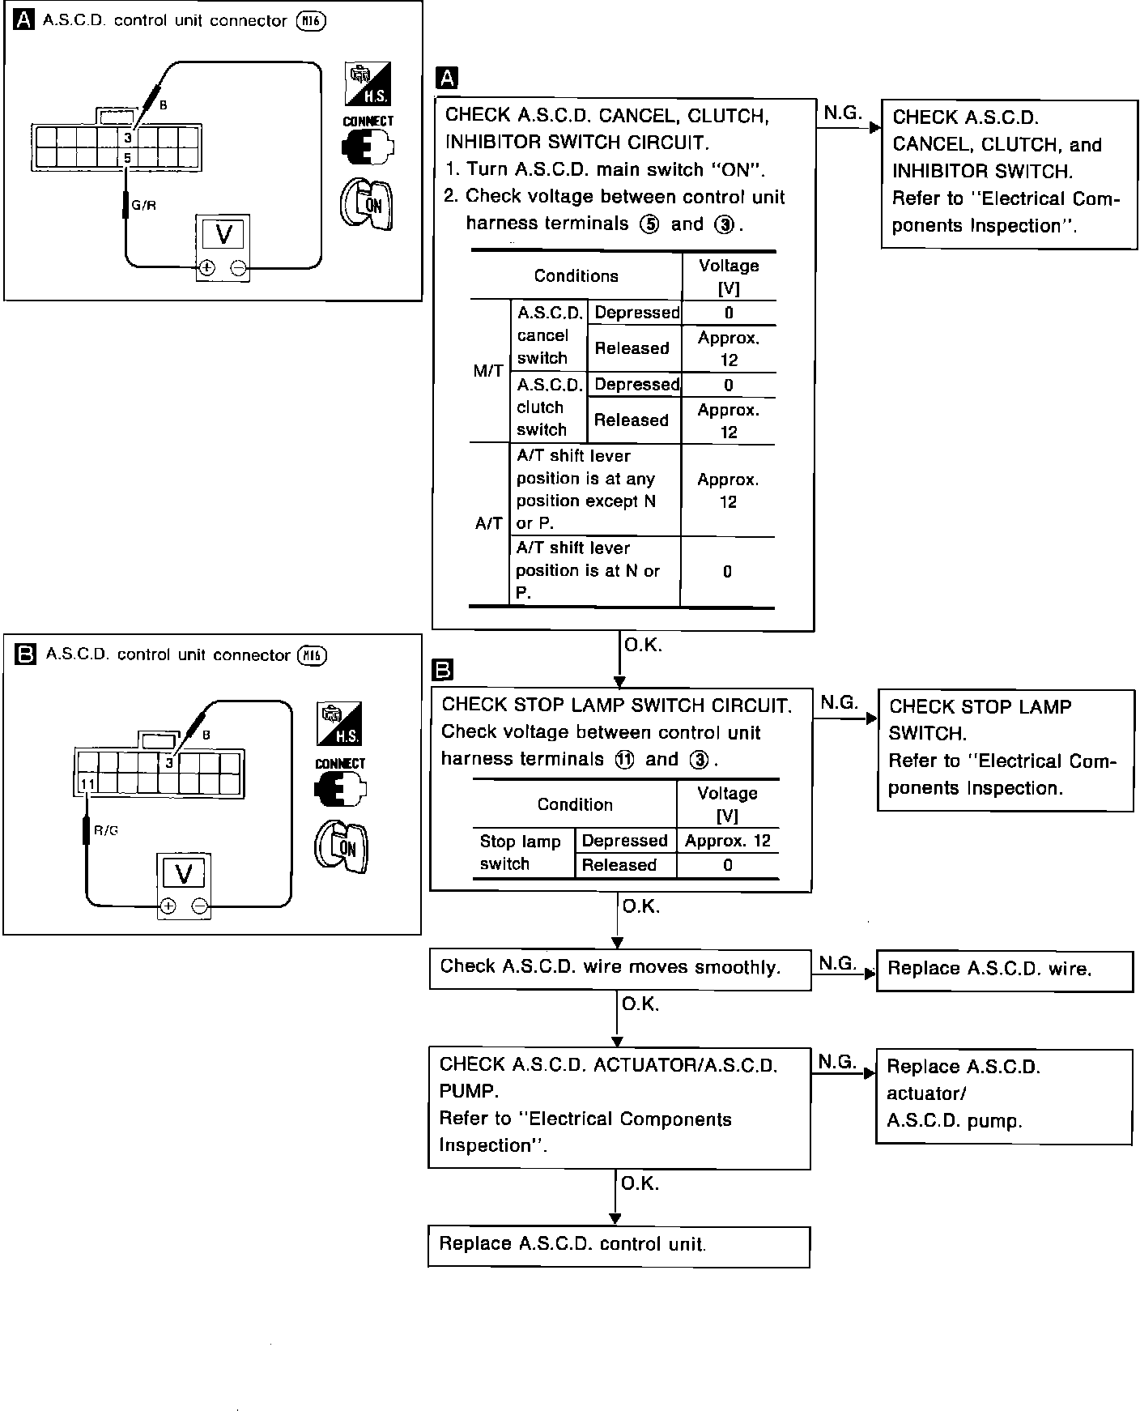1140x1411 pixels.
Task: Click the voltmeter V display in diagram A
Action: [223, 235]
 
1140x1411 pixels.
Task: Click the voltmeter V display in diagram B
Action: [184, 874]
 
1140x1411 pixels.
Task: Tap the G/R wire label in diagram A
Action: [144, 206]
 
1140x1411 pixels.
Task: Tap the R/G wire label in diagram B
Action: [106, 830]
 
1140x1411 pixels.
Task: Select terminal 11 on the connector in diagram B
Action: [87, 783]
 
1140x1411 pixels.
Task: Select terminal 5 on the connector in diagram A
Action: [127, 158]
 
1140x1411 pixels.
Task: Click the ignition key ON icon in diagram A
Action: [366, 202]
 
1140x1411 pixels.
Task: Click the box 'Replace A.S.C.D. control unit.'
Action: [619, 1247]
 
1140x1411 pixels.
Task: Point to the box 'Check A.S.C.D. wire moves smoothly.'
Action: [619, 967]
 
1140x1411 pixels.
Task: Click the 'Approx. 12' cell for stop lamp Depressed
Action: [727, 841]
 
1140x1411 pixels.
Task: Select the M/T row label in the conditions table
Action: [488, 371]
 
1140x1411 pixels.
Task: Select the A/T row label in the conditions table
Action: [488, 523]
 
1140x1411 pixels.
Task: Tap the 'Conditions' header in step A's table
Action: [576, 276]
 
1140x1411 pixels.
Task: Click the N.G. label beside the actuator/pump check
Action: [836, 1061]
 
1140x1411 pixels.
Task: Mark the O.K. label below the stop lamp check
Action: [641, 906]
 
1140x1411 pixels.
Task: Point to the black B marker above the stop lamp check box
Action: [444, 670]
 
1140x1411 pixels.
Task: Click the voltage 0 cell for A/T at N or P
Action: [727, 572]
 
